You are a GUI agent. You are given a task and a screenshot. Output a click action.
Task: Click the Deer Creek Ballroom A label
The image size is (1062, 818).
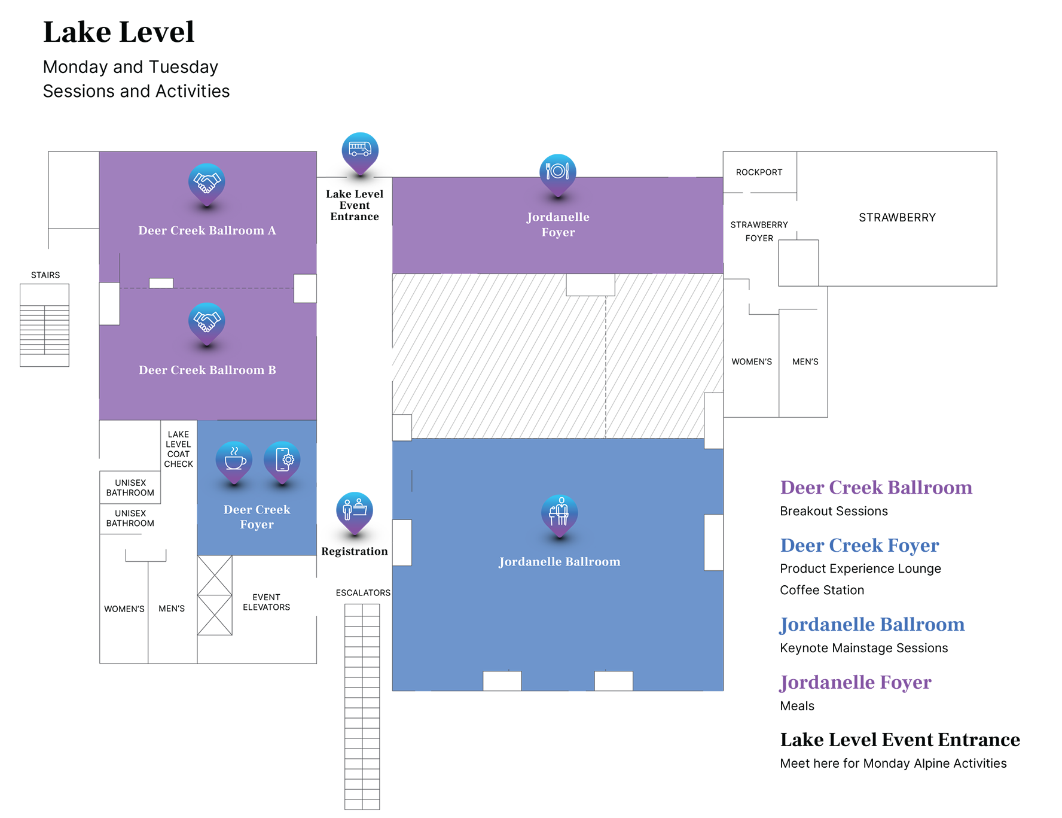(x=207, y=230)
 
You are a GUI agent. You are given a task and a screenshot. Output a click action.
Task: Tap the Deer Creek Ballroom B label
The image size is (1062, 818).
(x=207, y=370)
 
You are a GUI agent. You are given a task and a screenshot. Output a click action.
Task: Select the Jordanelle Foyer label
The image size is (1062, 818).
(x=558, y=224)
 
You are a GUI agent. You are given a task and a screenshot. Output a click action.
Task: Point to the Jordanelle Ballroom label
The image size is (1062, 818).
(x=559, y=561)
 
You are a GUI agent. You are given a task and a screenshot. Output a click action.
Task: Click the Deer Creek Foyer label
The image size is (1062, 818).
(x=257, y=516)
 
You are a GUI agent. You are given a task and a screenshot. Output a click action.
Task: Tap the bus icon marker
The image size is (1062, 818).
(x=360, y=148)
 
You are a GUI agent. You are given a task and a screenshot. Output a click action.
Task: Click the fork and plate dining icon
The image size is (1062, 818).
(x=557, y=171)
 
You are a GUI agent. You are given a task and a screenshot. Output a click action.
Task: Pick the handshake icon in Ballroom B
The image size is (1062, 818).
(x=206, y=321)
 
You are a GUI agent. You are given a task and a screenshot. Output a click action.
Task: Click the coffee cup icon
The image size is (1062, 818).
(x=234, y=460)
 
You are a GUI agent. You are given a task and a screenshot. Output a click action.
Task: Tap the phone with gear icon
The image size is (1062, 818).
(x=282, y=460)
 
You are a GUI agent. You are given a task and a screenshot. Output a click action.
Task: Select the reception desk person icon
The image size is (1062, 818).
(x=355, y=509)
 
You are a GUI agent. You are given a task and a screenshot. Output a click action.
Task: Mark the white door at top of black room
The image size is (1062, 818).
(x=590, y=284)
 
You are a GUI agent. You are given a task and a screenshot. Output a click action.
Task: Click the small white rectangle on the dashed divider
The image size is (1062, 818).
(x=161, y=283)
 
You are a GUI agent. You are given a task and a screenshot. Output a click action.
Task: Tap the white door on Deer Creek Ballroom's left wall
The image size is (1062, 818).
(x=109, y=303)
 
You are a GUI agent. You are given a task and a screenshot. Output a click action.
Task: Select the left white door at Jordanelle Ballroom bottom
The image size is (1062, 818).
(x=502, y=681)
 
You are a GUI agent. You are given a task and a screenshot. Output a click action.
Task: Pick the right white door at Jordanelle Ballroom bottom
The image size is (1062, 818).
(x=614, y=681)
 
